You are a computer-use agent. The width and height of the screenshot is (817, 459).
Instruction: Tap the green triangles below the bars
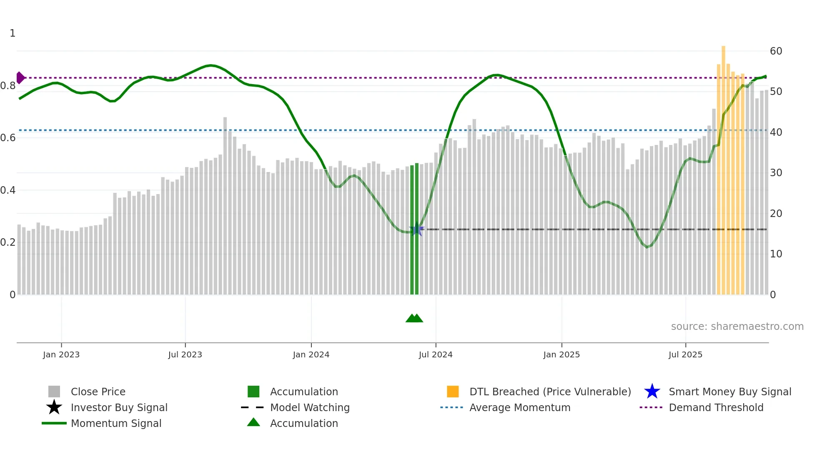[x=414, y=318]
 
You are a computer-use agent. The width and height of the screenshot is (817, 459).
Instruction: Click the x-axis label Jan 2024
[x=311, y=354]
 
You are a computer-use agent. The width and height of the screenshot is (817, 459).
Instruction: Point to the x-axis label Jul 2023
[x=185, y=354]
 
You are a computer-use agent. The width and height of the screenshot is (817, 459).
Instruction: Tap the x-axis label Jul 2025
[x=685, y=354]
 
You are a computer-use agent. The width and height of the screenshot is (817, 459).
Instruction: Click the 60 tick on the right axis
[x=776, y=51]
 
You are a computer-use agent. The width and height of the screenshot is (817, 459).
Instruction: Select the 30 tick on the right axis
[x=776, y=173]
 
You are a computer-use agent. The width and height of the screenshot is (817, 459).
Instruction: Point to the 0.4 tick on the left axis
[x=8, y=190]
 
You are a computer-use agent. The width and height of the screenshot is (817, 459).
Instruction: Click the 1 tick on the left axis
[x=13, y=33]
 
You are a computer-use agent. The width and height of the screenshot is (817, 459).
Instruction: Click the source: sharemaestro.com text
[x=737, y=327]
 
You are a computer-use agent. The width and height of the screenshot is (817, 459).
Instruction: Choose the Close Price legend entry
[x=98, y=392]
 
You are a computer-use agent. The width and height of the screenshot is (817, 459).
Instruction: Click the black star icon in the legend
[x=54, y=407]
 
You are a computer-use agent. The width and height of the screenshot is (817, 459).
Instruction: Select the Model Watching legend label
[x=310, y=407]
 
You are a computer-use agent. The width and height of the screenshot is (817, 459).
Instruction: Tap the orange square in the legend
[x=453, y=392]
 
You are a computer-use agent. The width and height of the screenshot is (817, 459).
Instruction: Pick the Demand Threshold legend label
[x=716, y=407]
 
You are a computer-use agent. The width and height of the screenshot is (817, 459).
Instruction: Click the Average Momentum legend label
[x=520, y=407]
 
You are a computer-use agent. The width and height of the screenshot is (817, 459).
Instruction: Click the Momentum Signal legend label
[x=116, y=423]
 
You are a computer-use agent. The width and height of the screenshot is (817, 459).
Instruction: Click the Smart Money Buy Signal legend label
[x=730, y=392]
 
